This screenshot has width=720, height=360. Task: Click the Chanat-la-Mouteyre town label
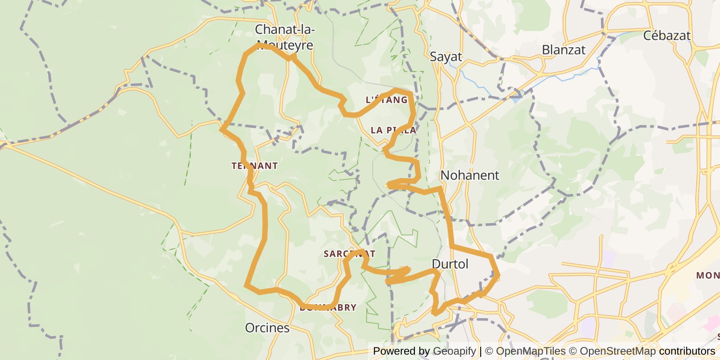(284, 37)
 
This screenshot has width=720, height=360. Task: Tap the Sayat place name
(445, 57)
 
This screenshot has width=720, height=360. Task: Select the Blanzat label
(563, 50)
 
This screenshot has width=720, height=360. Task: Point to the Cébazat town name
(666, 36)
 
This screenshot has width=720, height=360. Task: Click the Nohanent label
(470, 175)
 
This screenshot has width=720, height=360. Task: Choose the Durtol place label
(450, 264)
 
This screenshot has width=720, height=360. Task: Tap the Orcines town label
(267, 328)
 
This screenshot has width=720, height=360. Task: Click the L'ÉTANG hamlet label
(387, 100)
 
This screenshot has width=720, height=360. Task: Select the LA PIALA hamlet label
(393, 130)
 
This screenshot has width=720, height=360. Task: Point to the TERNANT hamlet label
(255, 166)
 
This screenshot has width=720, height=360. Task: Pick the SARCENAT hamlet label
(349, 254)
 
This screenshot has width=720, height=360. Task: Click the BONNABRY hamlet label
(328, 308)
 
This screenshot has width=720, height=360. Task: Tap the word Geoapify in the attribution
(454, 351)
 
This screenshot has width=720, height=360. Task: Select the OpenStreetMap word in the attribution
(617, 351)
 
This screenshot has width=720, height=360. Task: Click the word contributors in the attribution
(687, 351)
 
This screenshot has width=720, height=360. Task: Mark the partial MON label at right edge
(708, 275)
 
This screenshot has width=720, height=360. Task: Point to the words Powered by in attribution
(401, 351)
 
